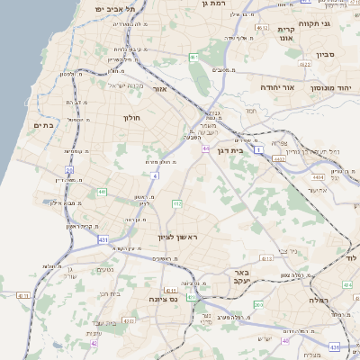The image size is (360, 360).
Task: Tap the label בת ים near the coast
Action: coord(43,125)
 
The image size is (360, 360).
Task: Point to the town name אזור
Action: coord(159,89)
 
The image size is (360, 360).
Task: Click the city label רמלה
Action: coord(319,299)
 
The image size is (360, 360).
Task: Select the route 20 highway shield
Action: coord(69,169)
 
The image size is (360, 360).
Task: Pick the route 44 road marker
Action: coord(206,148)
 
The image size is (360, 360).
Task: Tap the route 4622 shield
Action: coord(304,64)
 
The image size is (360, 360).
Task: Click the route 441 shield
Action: coord(103,192)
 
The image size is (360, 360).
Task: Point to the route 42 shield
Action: coord(94,342)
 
